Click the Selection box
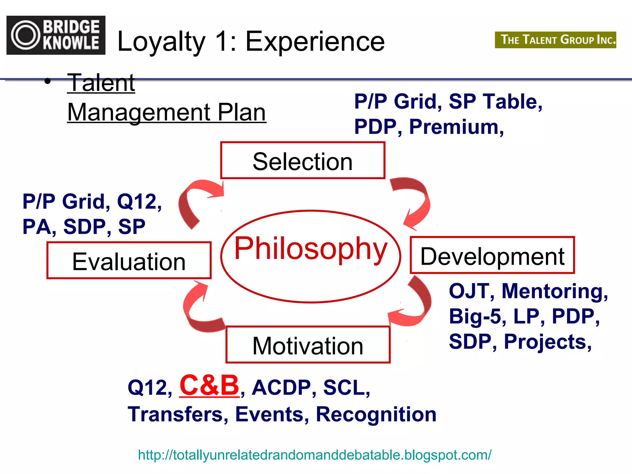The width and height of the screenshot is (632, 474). pyautogui.click(x=303, y=160)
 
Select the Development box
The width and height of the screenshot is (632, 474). pyautogui.click(x=492, y=256)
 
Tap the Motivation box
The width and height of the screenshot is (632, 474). pyautogui.click(x=308, y=345)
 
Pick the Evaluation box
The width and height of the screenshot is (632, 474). pyautogui.click(x=129, y=261)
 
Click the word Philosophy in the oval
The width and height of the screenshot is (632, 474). pyautogui.click(x=310, y=248)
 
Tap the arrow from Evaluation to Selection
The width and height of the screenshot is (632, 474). pyautogui.click(x=194, y=201)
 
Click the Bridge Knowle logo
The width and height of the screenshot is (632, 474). pyautogui.click(x=56, y=35)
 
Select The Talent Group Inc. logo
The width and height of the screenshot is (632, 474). pyautogui.click(x=555, y=40)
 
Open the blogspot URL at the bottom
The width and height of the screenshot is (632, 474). pyautogui.click(x=314, y=455)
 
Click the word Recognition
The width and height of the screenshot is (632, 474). pyautogui.click(x=376, y=414)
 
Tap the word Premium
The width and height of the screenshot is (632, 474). pyautogui.click(x=456, y=127)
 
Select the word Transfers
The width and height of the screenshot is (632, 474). pyautogui.click(x=178, y=414)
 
